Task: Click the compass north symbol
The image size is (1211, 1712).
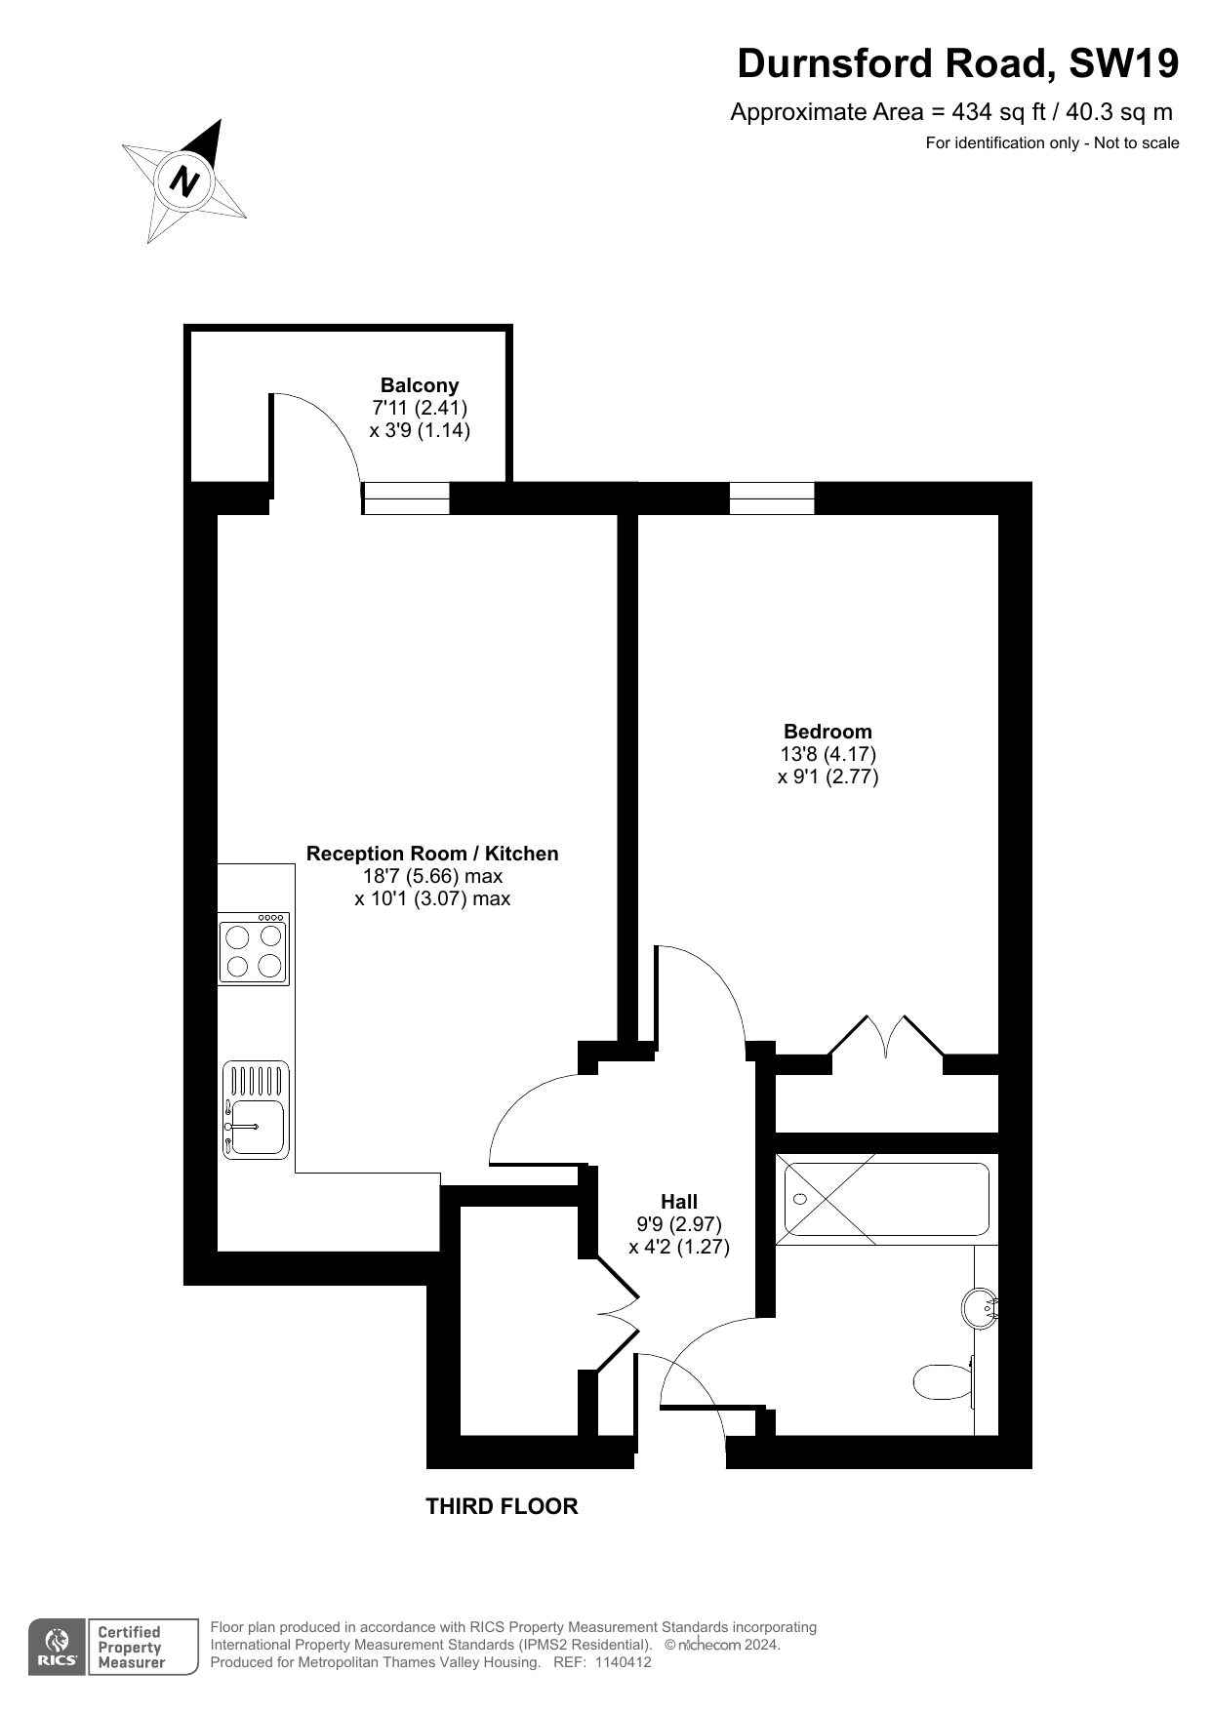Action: click(x=184, y=181)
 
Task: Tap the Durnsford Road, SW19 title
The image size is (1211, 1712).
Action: click(x=957, y=63)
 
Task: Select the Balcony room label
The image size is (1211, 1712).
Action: click(x=420, y=385)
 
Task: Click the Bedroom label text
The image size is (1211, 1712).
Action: click(x=828, y=732)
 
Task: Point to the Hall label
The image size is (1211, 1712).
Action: click(x=679, y=1202)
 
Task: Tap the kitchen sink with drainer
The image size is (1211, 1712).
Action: click(x=256, y=1110)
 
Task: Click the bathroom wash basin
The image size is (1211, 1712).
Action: click(x=981, y=1307)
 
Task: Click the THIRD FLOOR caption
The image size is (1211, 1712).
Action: click(x=502, y=1506)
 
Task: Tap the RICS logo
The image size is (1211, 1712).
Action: click(x=58, y=1648)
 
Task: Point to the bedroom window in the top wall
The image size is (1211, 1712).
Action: click(x=772, y=498)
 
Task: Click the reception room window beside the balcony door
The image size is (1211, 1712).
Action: click(x=406, y=498)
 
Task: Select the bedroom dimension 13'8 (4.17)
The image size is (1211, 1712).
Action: click(x=828, y=754)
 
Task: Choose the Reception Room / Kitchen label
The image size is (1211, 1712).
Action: click(x=432, y=854)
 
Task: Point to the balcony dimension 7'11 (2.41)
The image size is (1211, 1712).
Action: click(x=420, y=408)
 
